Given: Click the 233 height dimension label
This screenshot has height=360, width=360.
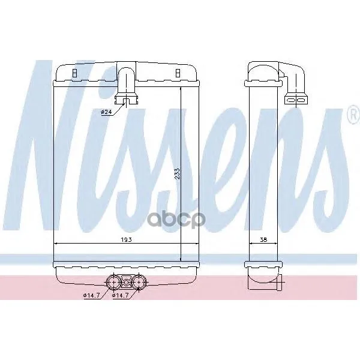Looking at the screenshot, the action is click(x=178, y=173).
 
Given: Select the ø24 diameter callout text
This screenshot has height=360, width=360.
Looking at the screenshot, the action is click(x=106, y=112).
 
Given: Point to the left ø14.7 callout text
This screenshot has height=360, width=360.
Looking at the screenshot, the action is click(x=91, y=295).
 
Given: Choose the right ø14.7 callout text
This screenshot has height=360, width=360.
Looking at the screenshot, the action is click(x=120, y=295).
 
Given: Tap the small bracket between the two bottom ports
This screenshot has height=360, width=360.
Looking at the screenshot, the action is click(x=126, y=281).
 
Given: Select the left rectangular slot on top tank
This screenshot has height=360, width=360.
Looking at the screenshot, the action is click(x=74, y=73).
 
